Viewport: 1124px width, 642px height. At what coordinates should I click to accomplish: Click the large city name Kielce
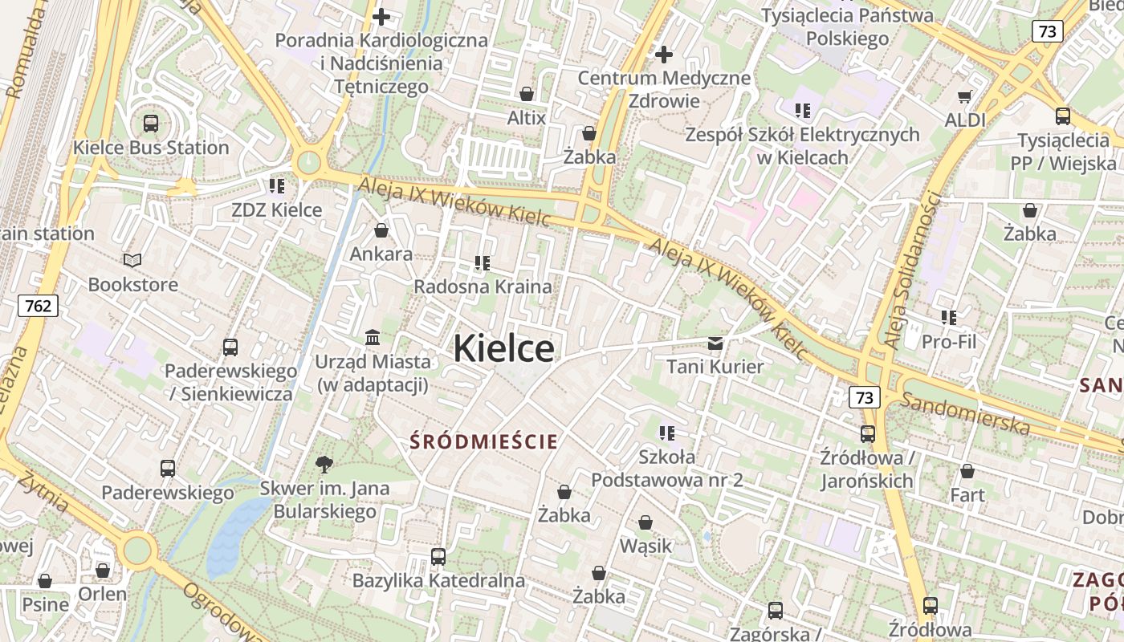click(x=503, y=349)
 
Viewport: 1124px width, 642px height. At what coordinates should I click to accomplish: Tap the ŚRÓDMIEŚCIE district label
click(x=483, y=441)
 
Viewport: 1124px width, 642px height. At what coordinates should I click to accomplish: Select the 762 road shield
click(x=38, y=305)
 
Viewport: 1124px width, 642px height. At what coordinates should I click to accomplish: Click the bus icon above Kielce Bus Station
click(x=151, y=124)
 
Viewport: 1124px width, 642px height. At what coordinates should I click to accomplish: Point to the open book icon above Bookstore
click(x=132, y=260)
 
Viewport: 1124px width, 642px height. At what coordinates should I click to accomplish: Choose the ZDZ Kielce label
click(x=276, y=210)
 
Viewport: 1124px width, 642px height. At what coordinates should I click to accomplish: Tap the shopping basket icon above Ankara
click(x=381, y=230)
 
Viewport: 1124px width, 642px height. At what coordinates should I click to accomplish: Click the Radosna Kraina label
click(x=483, y=286)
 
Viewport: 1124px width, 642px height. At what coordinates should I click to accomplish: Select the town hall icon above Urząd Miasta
click(x=373, y=337)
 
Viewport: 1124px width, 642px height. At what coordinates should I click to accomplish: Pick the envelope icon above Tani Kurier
click(x=715, y=343)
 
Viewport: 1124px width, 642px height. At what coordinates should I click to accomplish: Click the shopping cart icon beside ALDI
click(x=964, y=97)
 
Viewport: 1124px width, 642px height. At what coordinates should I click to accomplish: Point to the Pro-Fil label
click(x=949, y=342)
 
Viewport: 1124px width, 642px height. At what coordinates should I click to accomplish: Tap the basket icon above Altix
click(x=527, y=94)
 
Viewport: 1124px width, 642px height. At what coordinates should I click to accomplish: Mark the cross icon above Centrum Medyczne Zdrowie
click(x=664, y=55)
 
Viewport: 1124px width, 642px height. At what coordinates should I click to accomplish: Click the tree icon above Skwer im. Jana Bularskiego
click(x=324, y=464)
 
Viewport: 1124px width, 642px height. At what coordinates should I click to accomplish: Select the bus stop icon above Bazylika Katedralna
click(x=438, y=556)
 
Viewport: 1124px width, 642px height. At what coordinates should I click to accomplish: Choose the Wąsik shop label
click(x=645, y=546)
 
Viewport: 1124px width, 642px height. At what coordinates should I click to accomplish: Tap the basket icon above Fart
click(x=967, y=471)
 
